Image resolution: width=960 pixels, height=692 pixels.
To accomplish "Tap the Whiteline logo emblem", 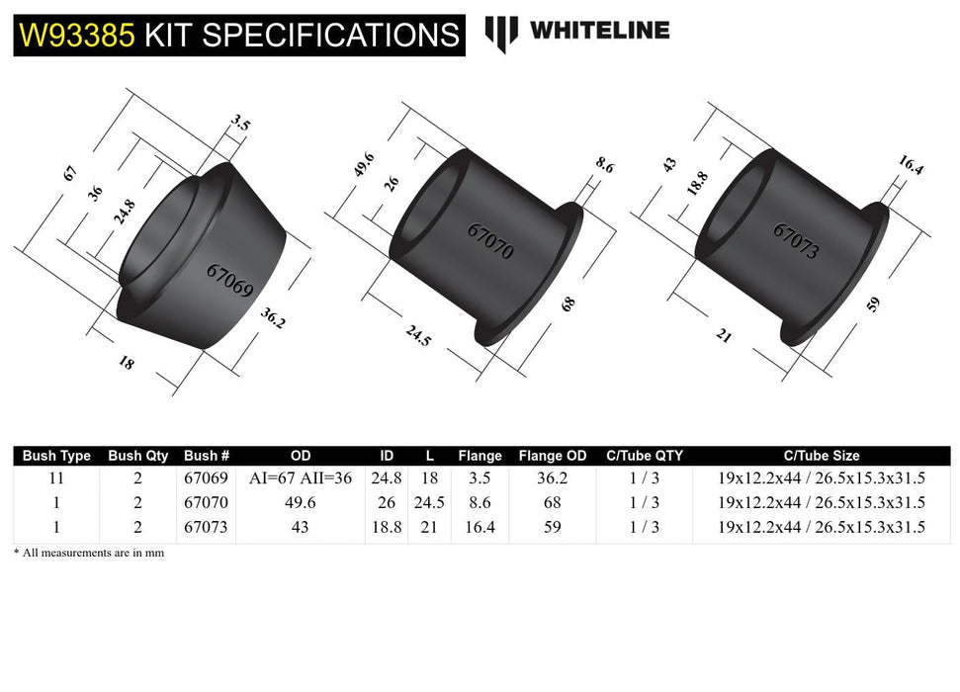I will pos(501,33).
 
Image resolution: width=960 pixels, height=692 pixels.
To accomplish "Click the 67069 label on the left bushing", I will pos(229,281).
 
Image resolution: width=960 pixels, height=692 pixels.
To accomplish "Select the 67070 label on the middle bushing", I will pos(490,240).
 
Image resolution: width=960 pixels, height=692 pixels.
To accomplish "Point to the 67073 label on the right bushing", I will pos(796,240).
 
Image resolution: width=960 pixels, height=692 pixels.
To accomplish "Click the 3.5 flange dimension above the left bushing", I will pos(240,125).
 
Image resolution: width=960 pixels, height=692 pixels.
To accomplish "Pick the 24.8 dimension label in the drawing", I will pos(125,211).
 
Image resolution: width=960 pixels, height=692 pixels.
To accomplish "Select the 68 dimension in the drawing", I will pos(567,303).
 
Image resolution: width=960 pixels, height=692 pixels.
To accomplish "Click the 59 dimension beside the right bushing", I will pos(872,303).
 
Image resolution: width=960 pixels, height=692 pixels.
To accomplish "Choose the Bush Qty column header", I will pos(138,456).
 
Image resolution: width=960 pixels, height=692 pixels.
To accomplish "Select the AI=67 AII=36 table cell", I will pos(301,478).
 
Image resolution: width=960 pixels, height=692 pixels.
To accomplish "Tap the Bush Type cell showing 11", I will pos(56,478).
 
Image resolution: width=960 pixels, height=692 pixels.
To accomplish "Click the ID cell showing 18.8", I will pos(387,527).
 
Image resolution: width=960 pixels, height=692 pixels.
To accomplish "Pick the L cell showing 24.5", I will pos(428,502).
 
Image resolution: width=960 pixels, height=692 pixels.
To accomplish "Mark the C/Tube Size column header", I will pos(822,456).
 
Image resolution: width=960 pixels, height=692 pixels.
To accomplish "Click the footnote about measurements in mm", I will pos(89,554).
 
